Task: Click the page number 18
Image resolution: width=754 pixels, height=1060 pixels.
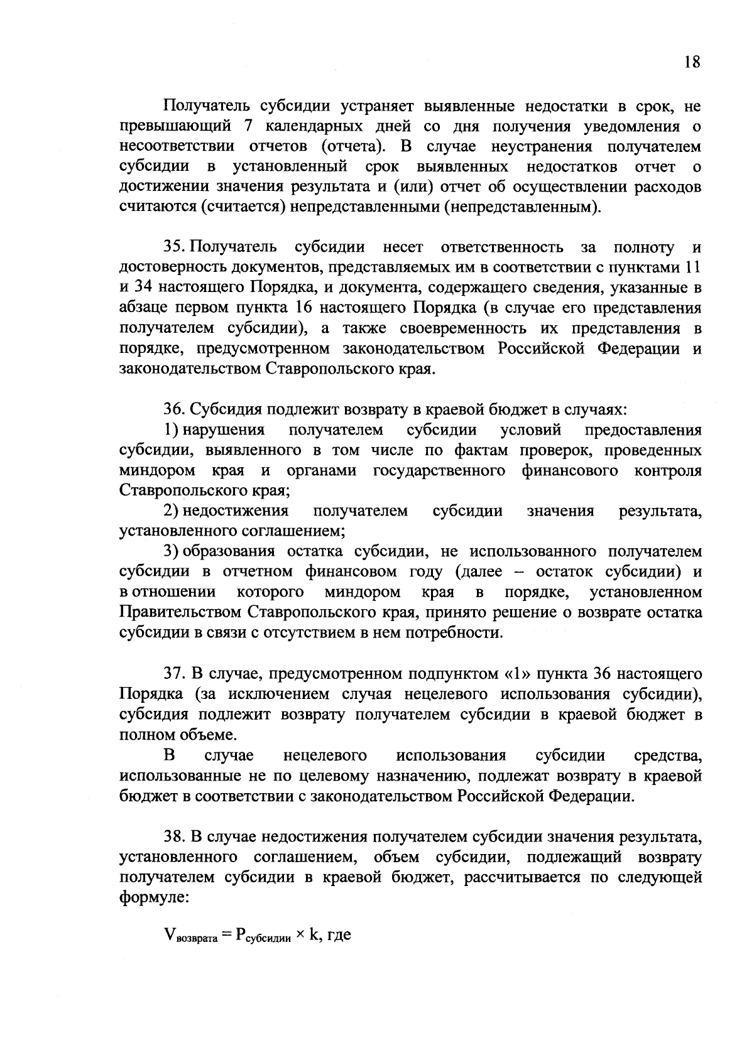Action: [692, 62]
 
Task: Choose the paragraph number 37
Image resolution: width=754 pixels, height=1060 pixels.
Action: [174, 674]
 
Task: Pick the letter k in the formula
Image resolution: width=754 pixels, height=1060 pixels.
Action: [314, 935]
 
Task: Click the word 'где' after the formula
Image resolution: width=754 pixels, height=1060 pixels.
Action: [337, 936]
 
